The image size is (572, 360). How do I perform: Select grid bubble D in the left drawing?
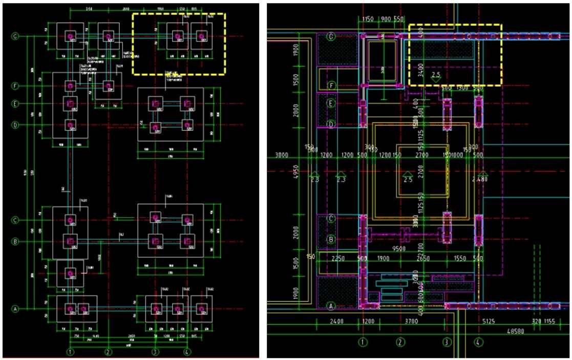pos(15,124)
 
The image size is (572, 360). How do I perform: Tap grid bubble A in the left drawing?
pos(15,309)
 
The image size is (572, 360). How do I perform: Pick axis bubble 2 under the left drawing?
pos(108,352)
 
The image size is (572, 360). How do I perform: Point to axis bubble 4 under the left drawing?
pos(187,352)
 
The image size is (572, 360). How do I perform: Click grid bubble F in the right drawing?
pos(331,85)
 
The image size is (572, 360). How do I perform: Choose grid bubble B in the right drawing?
pos(331,239)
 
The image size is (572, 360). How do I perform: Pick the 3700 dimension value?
pos(411,322)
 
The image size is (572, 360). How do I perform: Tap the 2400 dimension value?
pos(336,322)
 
